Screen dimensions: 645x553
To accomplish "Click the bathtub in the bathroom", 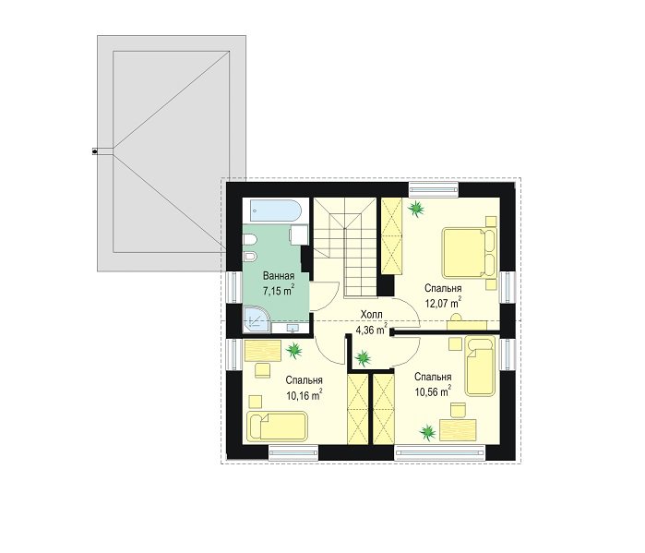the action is tap(272, 211).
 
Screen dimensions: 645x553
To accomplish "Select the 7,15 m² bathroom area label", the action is tap(279, 291).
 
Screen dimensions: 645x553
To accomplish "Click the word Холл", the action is tap(372, 315).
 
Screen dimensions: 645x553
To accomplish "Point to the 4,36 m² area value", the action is tap(371, 329).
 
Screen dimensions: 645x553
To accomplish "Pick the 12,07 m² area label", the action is tap(443, 303).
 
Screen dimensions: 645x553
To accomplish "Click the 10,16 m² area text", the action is tap(304, 395).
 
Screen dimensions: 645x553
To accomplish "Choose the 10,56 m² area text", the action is tap(433, 391).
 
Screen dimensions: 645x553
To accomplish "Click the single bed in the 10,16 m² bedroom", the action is tap(277, 426).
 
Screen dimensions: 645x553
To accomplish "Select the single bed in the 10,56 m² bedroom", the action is tap(479, 367).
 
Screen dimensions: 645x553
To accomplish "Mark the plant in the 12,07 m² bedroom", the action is tap(416, 208).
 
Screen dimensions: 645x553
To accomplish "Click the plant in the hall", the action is tap(363, 357).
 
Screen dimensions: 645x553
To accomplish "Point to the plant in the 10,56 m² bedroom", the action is tap(428, 432).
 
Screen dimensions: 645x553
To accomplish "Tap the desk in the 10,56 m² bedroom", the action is tap(458, 431).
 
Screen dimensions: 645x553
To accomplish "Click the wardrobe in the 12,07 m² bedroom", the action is tap(391, 235).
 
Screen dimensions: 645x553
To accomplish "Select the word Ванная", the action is tap(279, 276).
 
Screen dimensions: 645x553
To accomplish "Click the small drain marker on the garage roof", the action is tap(95, 151).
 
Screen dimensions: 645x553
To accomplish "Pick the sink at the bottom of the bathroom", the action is tap(293, 328).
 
